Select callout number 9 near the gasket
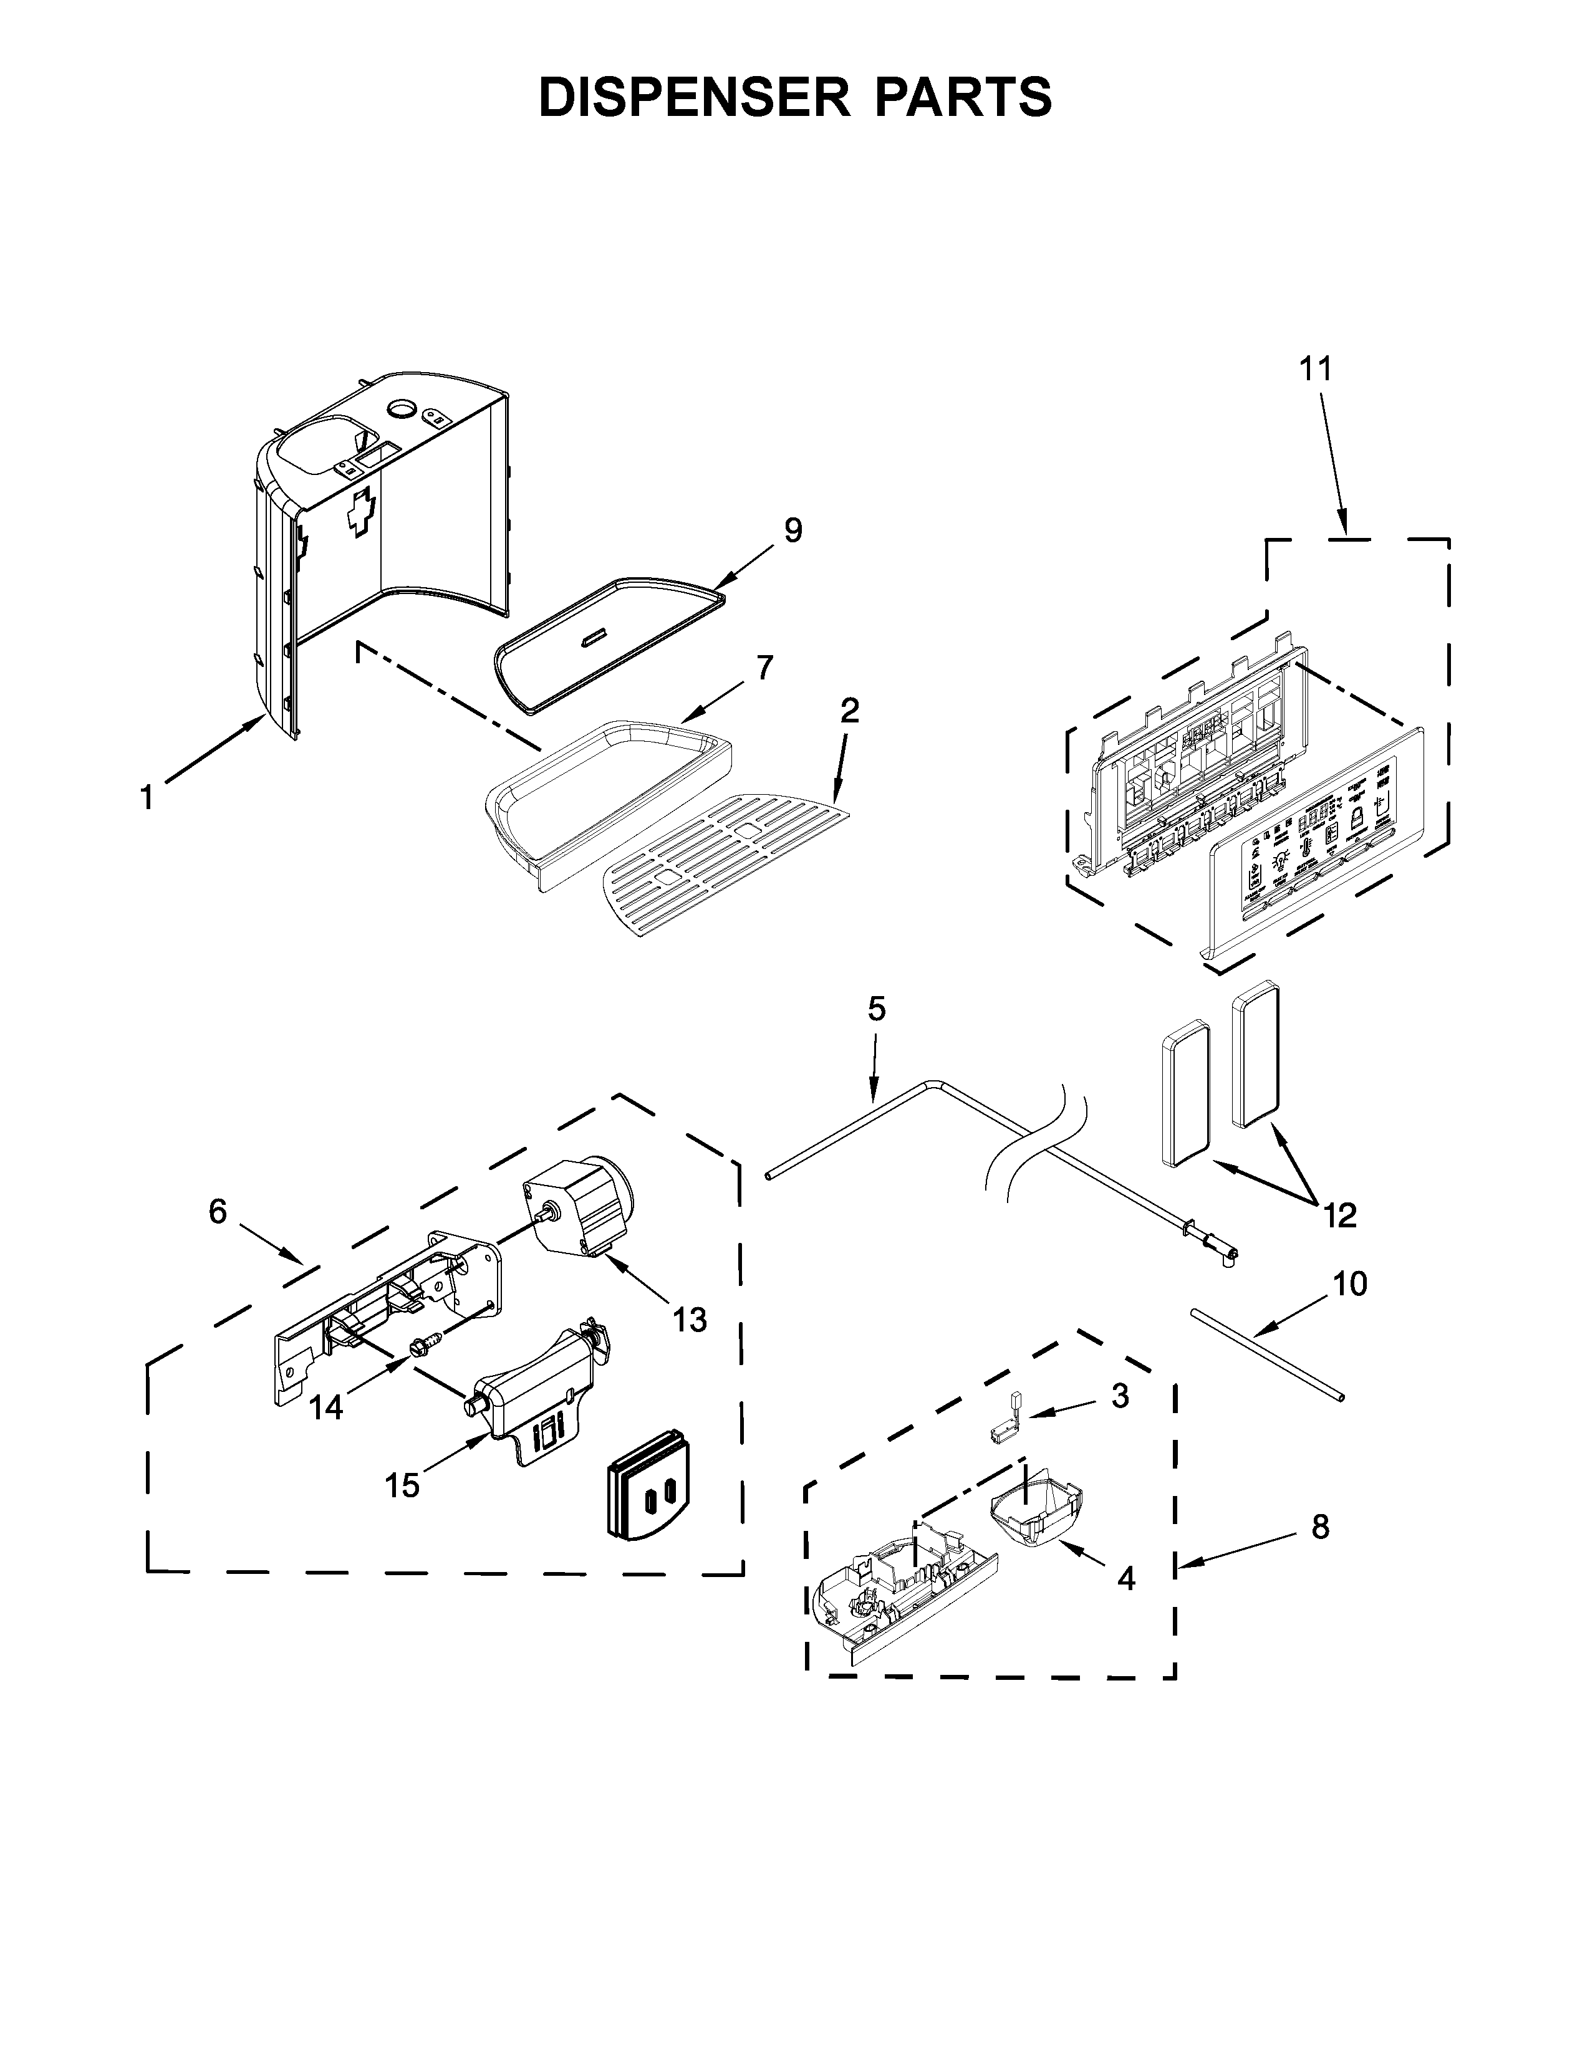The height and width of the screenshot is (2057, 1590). click(x=793, y=531)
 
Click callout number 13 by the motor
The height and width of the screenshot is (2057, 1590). click(x=690, y=1320)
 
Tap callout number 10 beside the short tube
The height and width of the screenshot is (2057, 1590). click(x=1351, y=1283)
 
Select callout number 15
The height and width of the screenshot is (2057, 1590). click(x=402, y=1485)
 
